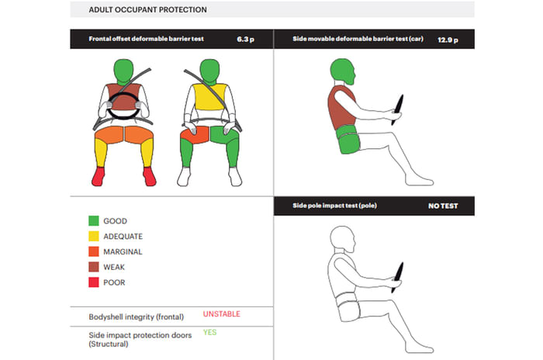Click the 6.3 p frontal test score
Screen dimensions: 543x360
(246, 39)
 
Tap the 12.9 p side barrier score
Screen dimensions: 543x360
(448, 40)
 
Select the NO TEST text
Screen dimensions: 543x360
(443, 206)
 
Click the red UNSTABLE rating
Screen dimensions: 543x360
(222, 314)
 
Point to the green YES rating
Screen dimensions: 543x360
(210, 332)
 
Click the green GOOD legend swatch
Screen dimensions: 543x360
(94, 220)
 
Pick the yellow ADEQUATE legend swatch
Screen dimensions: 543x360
(94, 236)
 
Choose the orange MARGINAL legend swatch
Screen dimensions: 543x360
(94, 251)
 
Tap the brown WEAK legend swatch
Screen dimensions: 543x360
(94, 267)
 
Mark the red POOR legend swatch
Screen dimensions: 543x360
(94, 282)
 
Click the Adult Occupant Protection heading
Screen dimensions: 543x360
(148, 10)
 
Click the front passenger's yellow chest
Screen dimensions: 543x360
(209, 97)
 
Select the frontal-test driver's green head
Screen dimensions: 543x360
(123, 71)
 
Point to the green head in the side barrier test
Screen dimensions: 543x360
(342, 71)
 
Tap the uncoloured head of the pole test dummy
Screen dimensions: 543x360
(342, 239)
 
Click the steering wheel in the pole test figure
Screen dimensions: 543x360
(397, 277)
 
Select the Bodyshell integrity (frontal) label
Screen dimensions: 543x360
(136, 317)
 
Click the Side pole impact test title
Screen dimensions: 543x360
(334, 206)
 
